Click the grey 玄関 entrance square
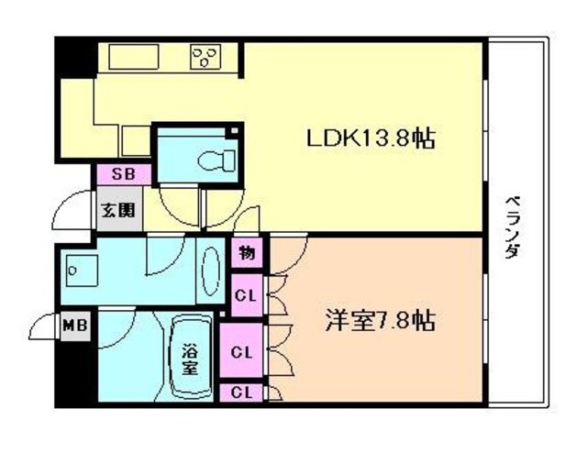tap(118, 210)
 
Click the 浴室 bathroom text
tap(190, 359)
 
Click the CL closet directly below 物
tap(244, 295)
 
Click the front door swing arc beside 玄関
tap(70, 215)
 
